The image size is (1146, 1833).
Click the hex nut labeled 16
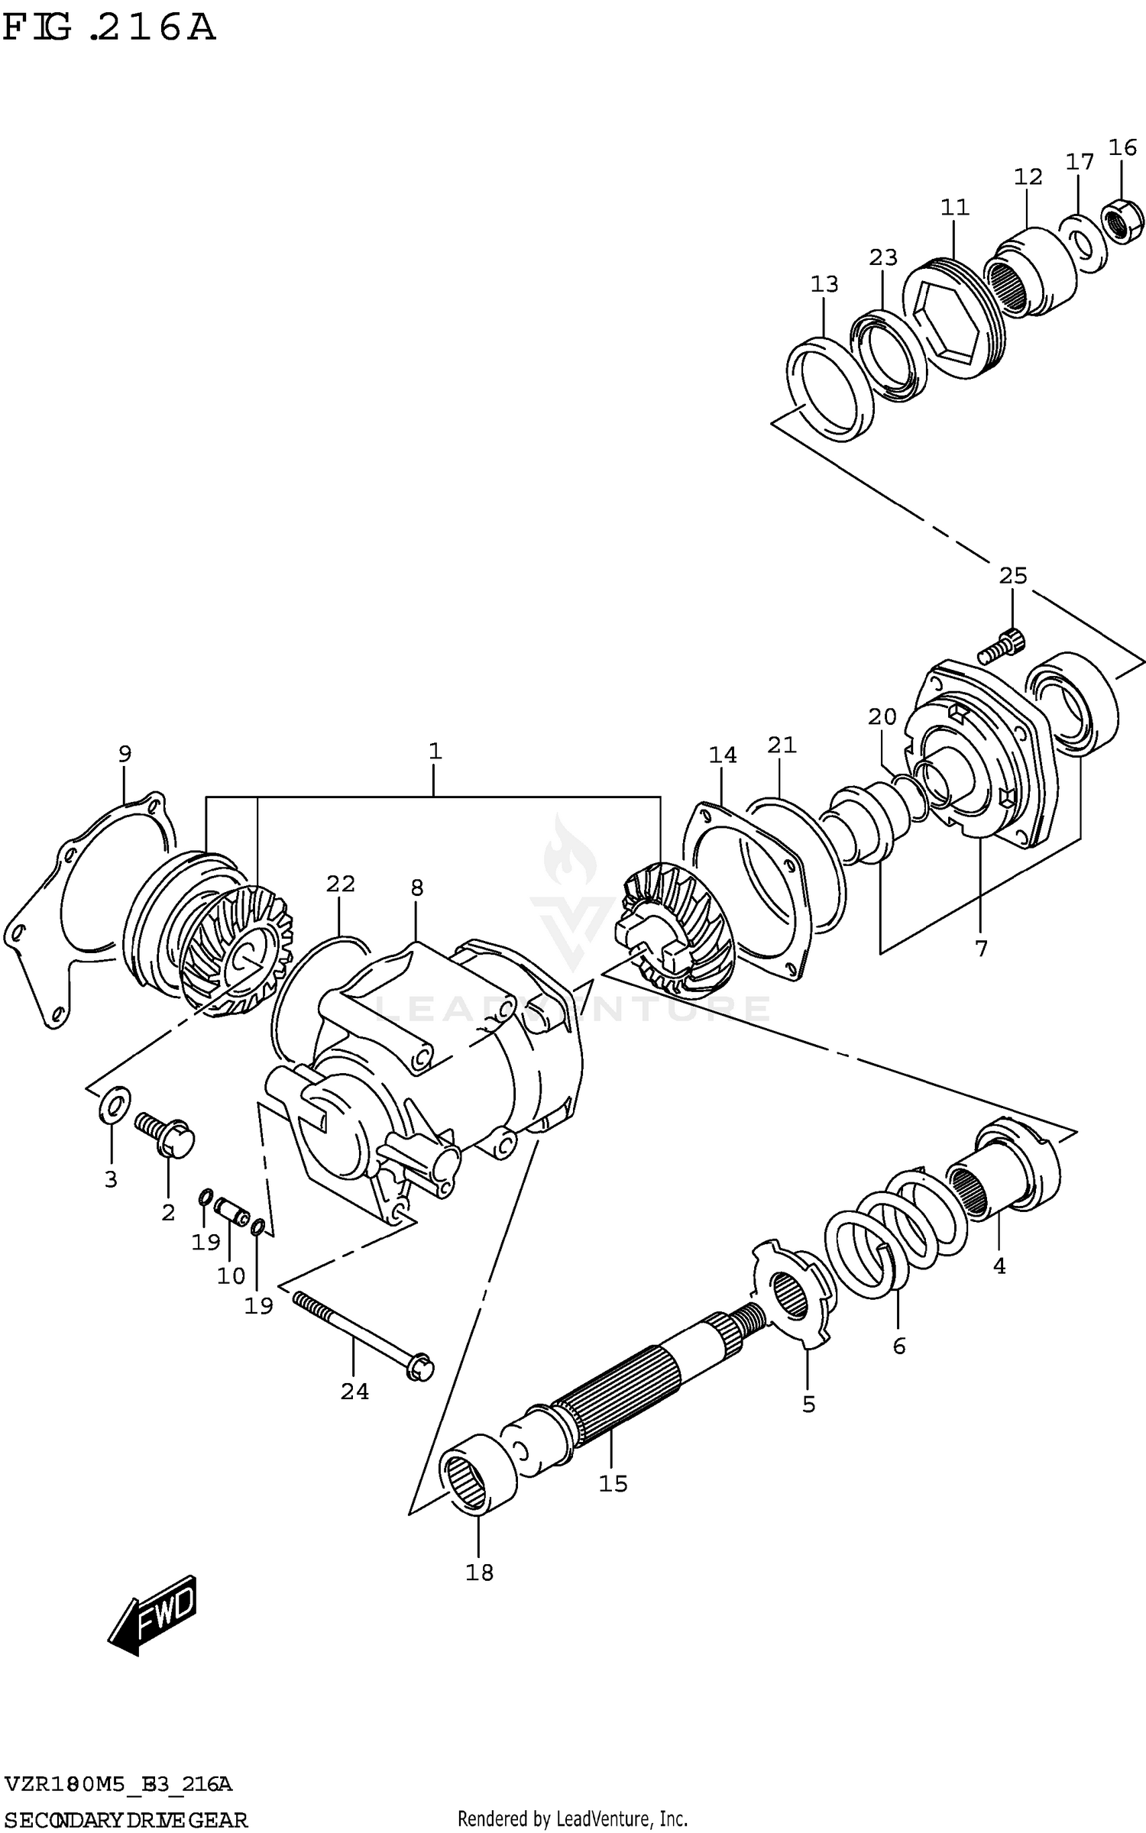1123,221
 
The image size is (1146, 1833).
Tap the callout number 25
1013,575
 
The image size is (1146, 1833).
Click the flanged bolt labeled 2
167,1134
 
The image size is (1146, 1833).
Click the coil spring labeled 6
894,1230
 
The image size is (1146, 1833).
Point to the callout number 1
435,751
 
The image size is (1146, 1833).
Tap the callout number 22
341,884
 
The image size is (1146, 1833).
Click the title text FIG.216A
108,27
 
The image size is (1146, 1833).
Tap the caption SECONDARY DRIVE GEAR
126,1820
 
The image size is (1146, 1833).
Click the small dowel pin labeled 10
230,1211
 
